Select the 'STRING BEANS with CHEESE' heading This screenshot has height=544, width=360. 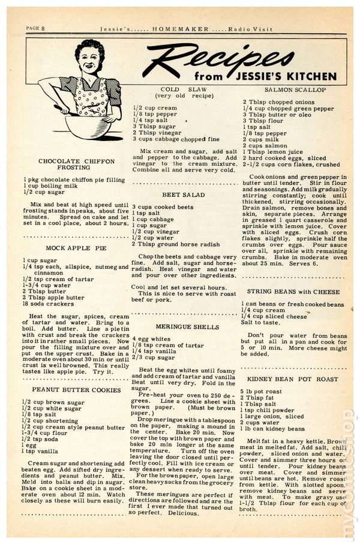(x=293, y=292)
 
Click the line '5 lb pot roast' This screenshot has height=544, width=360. (x=264, y=392)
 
